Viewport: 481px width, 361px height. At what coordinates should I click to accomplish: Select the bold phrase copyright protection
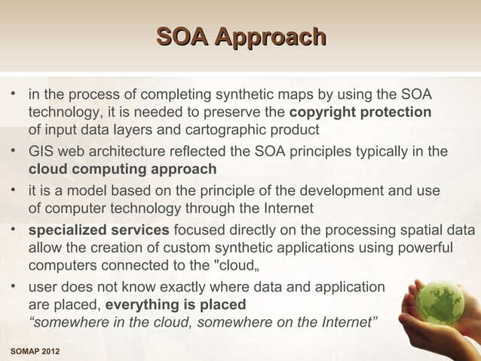pos(360,113)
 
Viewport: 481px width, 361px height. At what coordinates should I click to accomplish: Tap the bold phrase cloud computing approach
pos(122,168)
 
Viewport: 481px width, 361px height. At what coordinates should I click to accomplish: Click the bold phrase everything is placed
pos(176,305)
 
